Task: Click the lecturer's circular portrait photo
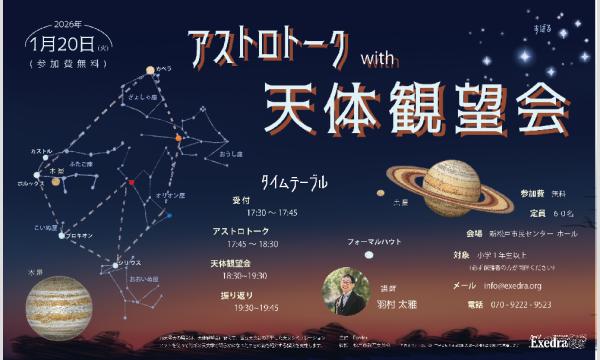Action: [346, 289]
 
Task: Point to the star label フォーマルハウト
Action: [374, 243]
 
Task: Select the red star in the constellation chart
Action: [131, 182]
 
